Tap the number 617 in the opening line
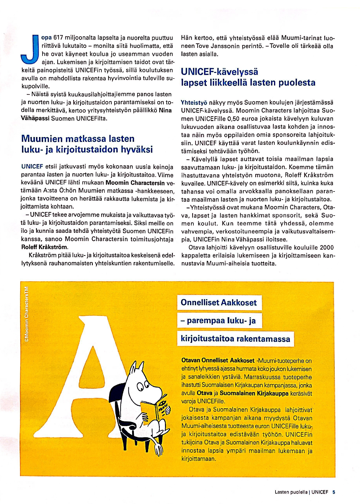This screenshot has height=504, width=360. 58,38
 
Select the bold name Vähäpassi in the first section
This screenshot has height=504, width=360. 35,118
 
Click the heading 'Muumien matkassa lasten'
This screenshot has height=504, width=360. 78,139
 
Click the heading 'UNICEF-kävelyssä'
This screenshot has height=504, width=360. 220,72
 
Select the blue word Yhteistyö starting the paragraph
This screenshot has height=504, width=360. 194,103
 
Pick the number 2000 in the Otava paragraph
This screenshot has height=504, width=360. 327,247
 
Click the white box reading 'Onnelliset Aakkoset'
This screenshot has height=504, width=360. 219,303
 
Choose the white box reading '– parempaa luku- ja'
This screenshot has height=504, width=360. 219,321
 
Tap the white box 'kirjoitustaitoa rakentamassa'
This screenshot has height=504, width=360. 235,339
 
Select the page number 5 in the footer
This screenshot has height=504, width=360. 334,492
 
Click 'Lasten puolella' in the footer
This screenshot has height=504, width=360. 291,492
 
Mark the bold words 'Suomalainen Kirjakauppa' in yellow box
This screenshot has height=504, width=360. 254,393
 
